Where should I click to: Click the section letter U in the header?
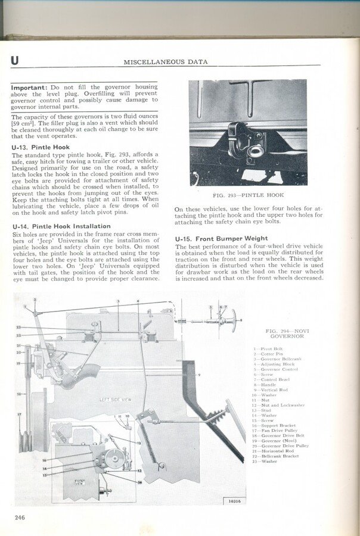(14, 60)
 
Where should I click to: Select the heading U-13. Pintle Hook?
(41, 147)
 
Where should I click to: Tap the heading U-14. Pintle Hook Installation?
(61, 226)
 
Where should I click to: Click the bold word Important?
(31, 88)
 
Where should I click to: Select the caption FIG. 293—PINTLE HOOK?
(248, 195)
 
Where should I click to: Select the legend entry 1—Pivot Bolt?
(268, 348)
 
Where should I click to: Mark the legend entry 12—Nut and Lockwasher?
(278, 405)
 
